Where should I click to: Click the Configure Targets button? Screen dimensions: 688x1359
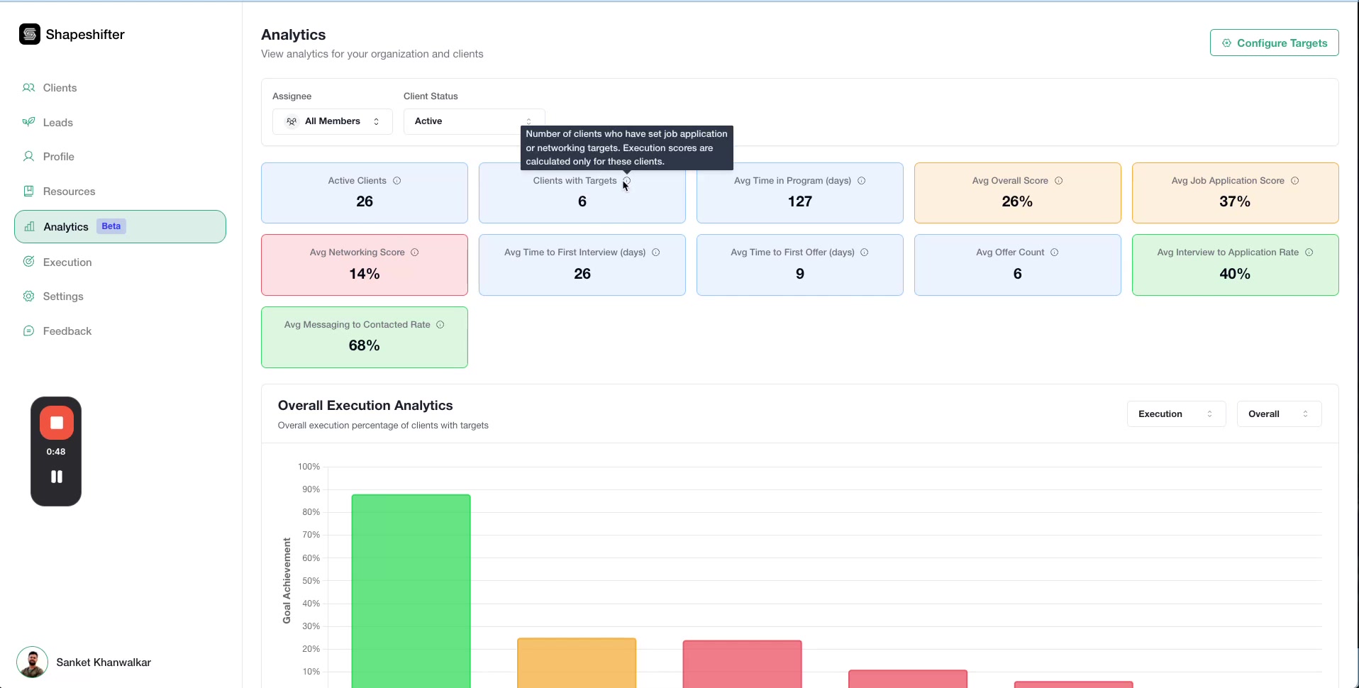1274,43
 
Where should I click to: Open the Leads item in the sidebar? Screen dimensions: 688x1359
57,123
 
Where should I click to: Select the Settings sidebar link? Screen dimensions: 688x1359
62,296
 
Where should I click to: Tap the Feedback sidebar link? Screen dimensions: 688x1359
67,331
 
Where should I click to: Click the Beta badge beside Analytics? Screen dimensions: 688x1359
111,226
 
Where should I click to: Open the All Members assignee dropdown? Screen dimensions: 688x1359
332,121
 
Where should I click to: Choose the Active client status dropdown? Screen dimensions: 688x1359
473,121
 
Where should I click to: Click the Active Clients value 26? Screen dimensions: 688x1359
365,201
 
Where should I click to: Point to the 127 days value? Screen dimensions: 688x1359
799,201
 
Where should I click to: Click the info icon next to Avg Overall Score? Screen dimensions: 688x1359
1059,181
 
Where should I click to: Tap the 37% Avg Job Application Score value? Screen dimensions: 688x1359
1234,201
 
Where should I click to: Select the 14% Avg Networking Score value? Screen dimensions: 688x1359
365,274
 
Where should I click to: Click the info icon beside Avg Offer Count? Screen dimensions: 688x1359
1055,253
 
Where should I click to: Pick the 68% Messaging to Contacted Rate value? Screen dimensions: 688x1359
365,345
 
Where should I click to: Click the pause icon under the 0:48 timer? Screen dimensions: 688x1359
57,477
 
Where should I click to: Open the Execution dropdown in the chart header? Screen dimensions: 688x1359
1175,414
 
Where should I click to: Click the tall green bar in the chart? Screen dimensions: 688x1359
411,589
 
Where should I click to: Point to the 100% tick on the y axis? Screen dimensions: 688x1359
309,467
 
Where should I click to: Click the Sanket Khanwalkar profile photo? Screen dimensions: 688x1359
32,662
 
